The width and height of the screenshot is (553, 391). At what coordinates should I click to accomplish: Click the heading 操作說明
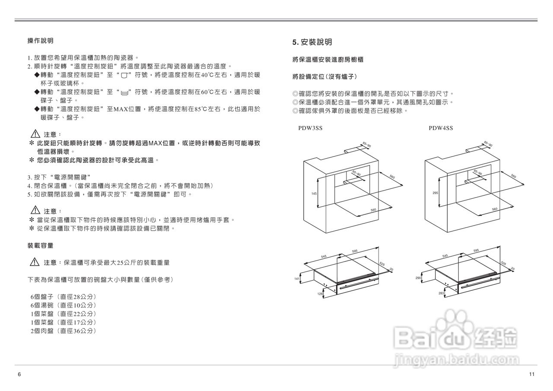pos(40,41)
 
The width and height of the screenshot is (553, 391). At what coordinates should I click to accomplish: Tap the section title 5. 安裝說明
pos(312,42)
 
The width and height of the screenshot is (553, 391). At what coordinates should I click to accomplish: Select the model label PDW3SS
pos(310,128)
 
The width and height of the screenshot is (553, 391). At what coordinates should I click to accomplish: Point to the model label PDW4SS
pos(441,128)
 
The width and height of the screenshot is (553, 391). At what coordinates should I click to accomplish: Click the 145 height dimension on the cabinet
pos(314,193)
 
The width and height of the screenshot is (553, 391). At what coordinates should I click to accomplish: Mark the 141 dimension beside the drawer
pos(297,279)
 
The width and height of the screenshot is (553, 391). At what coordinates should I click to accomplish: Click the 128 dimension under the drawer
pos(320,294)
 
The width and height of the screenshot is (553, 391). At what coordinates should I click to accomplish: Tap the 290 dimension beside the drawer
pos(418,278)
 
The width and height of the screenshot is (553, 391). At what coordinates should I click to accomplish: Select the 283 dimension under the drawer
pos(441,293)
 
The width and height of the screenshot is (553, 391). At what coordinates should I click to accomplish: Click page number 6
pos(19,374)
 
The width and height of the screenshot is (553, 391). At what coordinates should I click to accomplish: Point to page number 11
pos(532,374)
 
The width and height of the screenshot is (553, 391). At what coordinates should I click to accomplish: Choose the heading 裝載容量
pos(40,245)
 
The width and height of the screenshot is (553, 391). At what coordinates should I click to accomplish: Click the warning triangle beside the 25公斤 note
pos(35,262)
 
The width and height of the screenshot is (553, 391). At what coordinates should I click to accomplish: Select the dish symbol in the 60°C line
pos(125,92)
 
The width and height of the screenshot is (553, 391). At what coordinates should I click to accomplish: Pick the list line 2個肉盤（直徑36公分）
pos(63,331)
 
